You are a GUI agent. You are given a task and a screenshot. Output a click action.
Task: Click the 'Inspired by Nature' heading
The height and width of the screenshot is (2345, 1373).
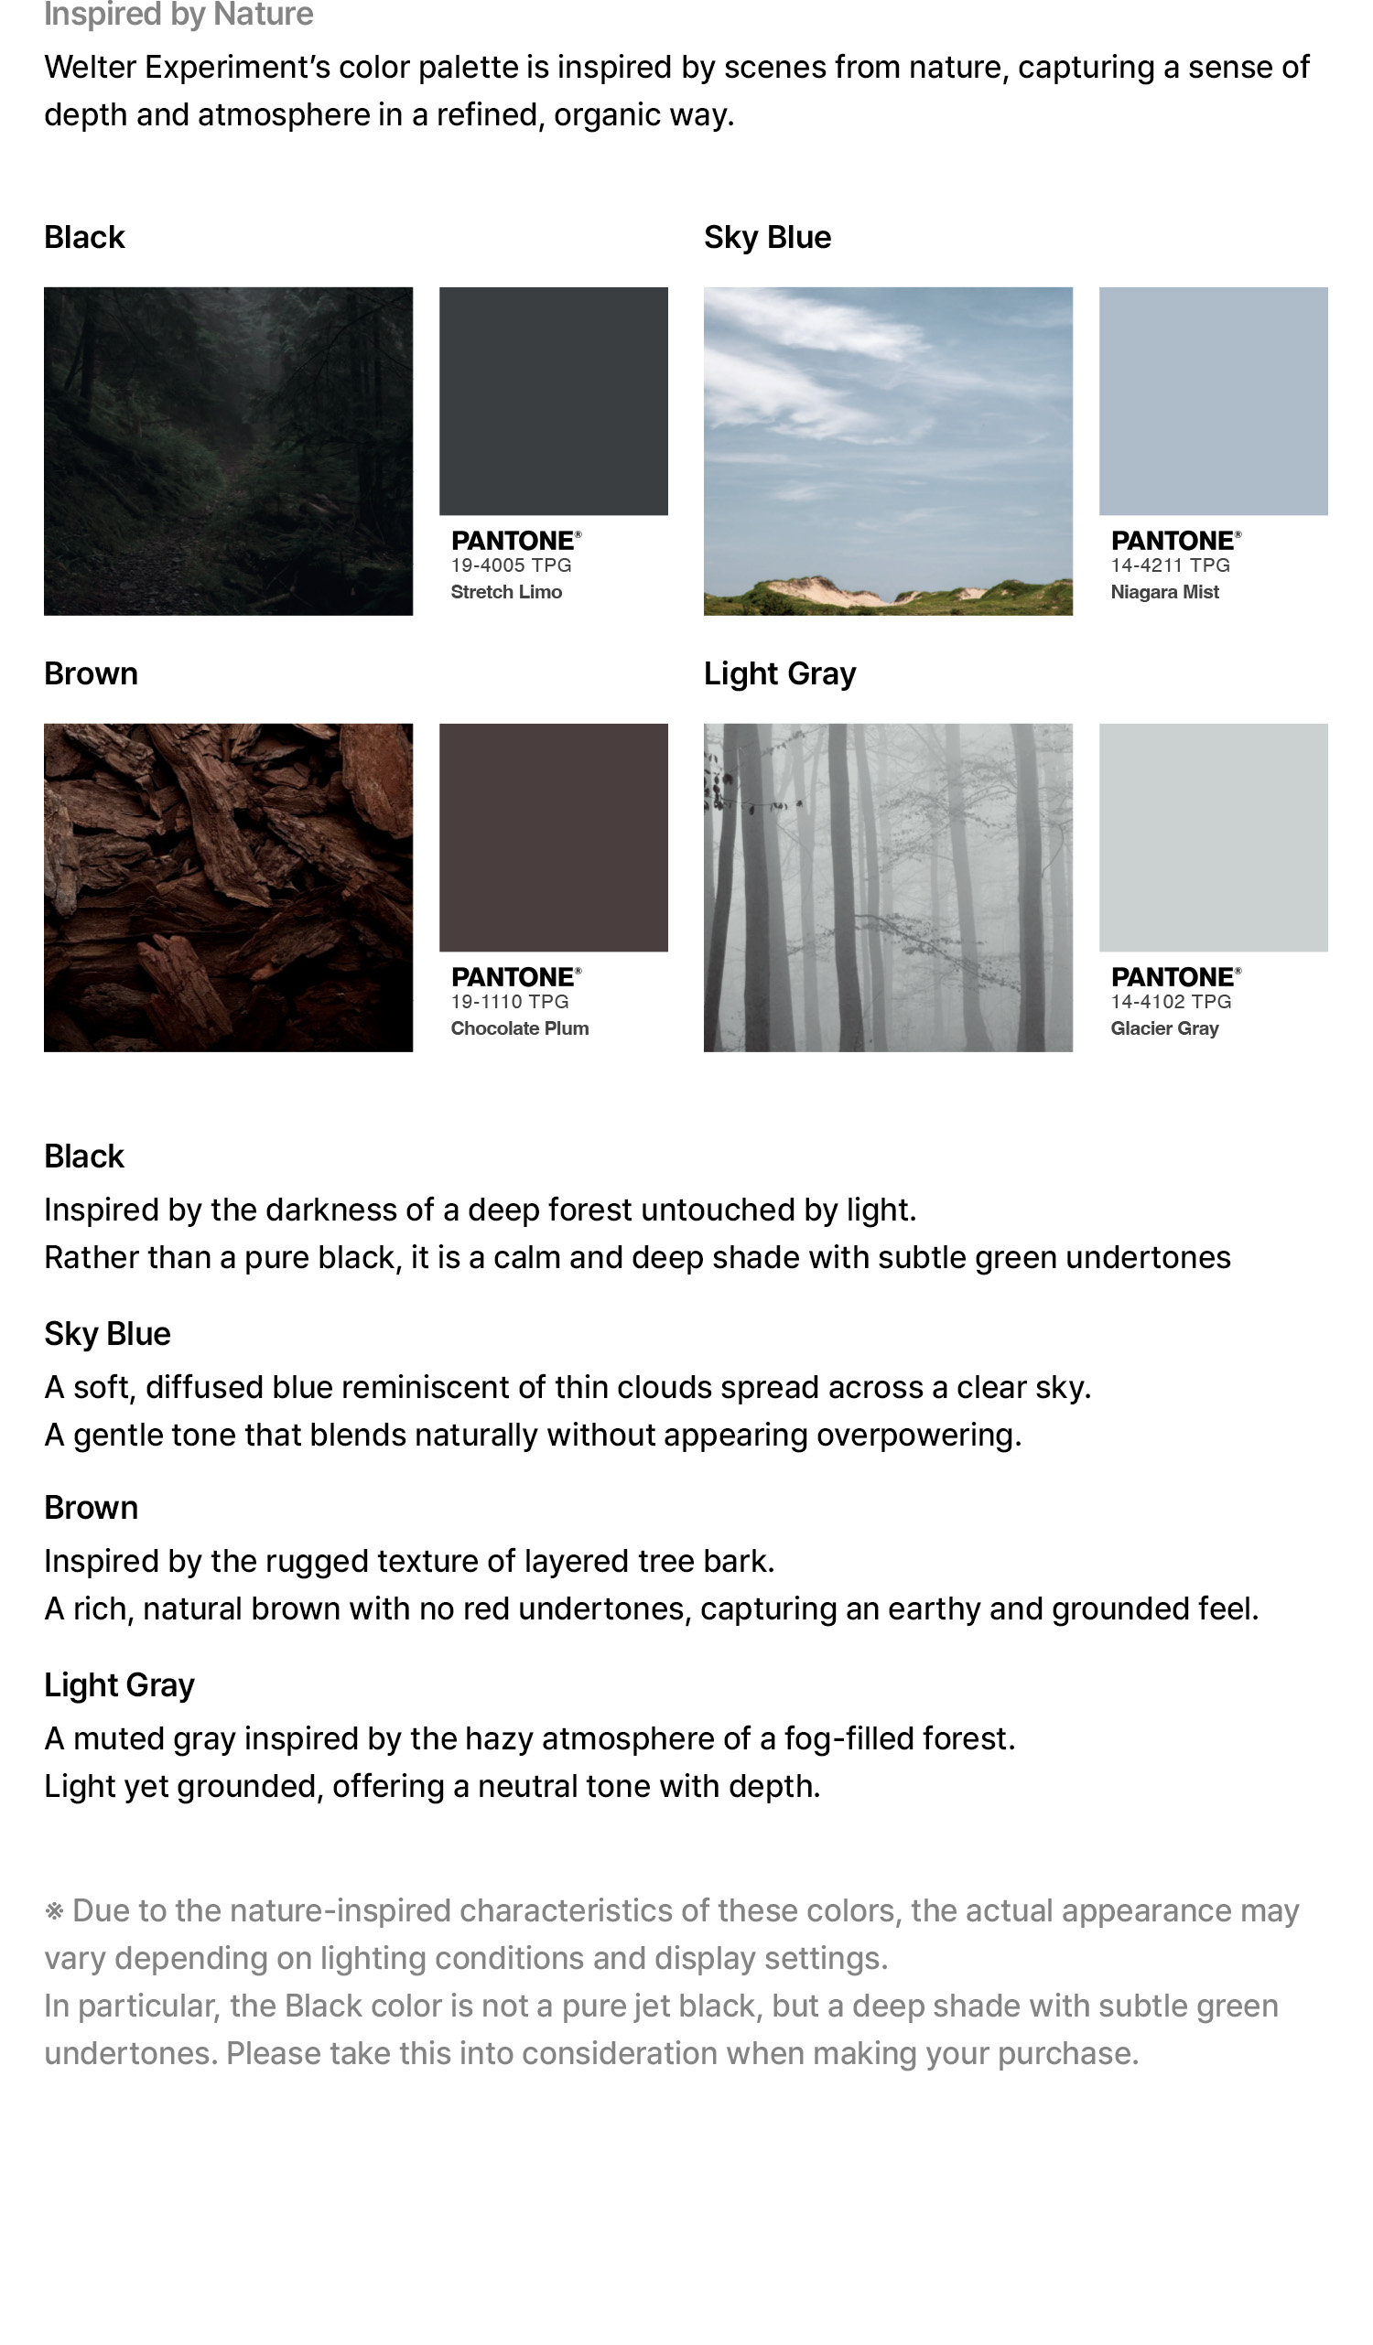[178, 14]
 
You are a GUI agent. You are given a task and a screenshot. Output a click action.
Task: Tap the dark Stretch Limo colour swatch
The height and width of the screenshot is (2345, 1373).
[553, 400]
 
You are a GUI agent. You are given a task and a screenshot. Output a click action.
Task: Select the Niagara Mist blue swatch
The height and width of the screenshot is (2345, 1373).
[1212, 400]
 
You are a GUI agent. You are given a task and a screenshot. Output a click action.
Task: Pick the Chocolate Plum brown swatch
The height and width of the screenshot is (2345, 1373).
[553, 836]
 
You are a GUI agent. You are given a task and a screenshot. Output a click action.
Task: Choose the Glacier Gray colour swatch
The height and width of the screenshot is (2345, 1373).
[1212, 836]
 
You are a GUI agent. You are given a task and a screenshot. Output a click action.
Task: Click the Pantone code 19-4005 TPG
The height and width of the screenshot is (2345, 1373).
[511, 565]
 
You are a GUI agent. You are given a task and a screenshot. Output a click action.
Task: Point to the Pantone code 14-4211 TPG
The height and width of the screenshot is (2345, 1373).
[1170, 565]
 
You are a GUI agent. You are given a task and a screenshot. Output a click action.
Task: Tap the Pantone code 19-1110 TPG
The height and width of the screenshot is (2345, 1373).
[510, 1001]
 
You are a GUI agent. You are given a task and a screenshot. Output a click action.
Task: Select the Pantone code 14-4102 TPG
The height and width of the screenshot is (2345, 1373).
[1170, 1001]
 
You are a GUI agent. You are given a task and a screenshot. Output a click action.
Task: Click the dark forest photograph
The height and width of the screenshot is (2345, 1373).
[228, 450]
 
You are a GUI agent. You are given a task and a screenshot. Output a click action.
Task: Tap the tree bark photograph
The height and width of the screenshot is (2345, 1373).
[228, 887]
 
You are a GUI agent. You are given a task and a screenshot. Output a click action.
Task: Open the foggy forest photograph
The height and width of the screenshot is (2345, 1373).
[887, 887]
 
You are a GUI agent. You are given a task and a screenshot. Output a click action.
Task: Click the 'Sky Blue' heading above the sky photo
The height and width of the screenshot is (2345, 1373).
[767, 237]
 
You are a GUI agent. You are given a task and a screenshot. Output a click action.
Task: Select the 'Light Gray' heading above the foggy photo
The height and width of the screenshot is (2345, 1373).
[779, 672]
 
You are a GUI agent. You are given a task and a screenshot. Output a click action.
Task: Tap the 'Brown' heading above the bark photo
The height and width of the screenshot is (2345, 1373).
[92, 672]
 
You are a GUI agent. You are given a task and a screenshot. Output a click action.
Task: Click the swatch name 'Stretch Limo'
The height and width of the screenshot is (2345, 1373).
[506, 592]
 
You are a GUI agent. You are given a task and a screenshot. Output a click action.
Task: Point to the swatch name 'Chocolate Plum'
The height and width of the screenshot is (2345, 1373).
[519, 1028]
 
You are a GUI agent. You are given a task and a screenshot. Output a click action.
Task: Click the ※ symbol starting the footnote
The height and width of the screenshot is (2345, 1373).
[54, 1912]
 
